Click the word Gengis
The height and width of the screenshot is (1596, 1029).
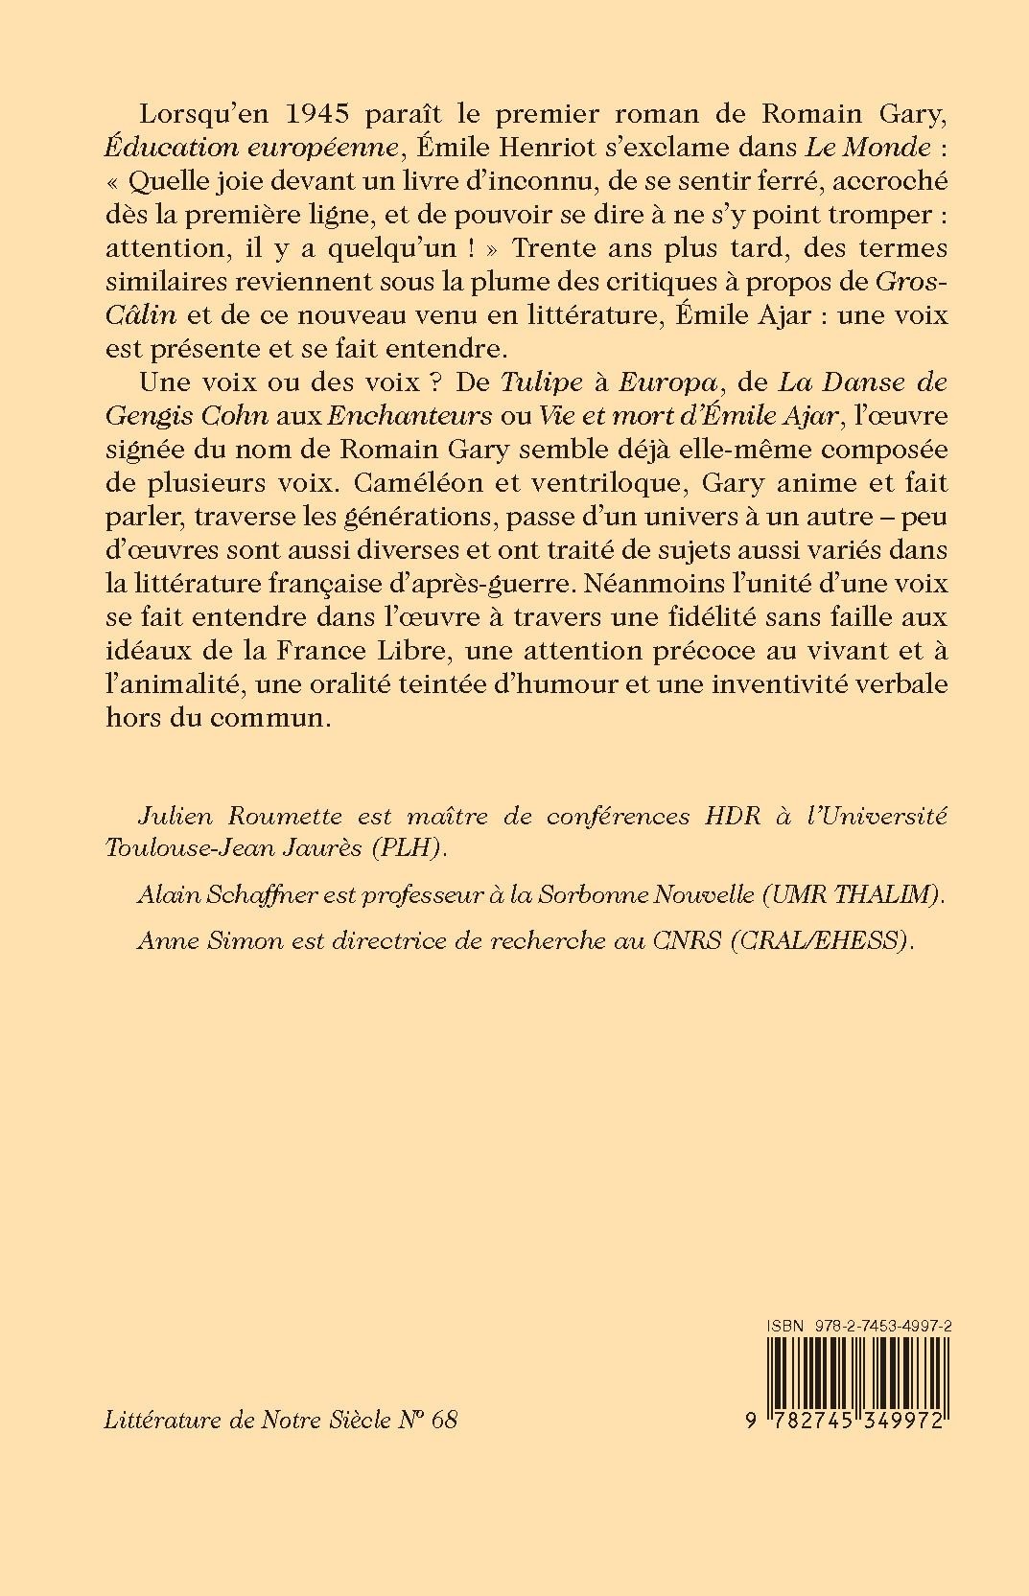tap(174, 416)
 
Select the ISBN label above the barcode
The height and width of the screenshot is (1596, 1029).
tap(783, 1326)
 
